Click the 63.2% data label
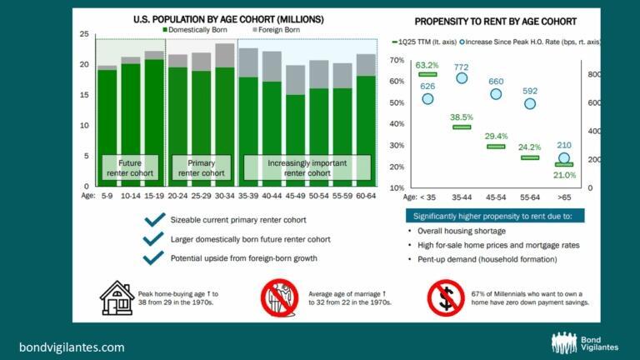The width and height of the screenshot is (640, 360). [x=427, y=64]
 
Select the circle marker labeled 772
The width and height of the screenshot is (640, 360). [x=462, y=77]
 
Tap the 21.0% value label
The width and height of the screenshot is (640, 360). [x=565, y=175]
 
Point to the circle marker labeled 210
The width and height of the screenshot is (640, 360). [x=565, y=157]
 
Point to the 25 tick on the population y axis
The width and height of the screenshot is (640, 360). [x=83, y=34]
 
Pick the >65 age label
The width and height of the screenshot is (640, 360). [x=564, y=198]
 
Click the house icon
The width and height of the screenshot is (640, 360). [x=117, y=297]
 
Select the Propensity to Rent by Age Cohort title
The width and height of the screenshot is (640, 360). [x=496, y=20]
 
